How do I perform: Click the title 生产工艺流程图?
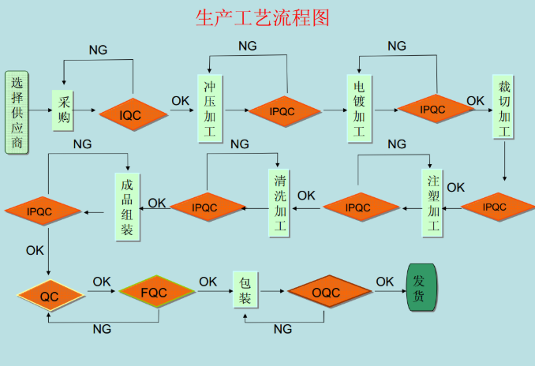click(x=262, y=17)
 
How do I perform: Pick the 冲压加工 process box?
click(x=208, y=109)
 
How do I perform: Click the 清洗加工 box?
click(x=279, y=202)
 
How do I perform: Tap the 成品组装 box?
click(x=127, y=207)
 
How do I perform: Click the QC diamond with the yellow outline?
click(x=51, y=297)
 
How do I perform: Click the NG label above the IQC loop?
click(x=98, y=50)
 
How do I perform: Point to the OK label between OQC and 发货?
click(x=384, y=281)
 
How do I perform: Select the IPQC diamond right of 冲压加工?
click(x=285, y=111)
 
